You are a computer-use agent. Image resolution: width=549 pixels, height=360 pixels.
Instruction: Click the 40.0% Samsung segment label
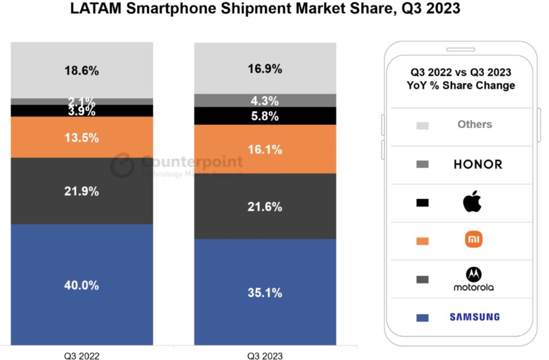tap(81, 286)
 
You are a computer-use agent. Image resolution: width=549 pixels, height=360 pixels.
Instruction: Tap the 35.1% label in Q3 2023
tap(265, 292)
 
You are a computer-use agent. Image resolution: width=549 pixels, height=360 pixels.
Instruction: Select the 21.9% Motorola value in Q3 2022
tap(81, 191)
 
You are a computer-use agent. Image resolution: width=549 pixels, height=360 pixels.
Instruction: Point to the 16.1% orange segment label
tap(265, 149)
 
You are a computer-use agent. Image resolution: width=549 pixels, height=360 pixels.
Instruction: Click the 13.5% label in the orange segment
tap(81, 138)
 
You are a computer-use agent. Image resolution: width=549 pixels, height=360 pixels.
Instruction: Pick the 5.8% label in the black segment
tap(265, 116)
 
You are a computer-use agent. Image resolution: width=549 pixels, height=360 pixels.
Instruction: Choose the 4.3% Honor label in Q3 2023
tap(265, 101)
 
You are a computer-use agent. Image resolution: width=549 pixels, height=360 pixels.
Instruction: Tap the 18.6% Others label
tap(81, 71)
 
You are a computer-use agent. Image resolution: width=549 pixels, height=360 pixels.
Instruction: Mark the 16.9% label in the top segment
tap(265, 69)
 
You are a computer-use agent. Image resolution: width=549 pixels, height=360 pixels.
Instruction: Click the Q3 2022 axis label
tap(81, 355)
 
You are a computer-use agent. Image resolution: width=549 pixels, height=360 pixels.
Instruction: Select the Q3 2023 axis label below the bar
tap(265, 355)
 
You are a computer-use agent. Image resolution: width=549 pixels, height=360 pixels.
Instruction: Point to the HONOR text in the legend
tap(478, 164)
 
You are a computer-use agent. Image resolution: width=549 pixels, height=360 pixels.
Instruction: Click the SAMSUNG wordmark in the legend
tap(474, 317)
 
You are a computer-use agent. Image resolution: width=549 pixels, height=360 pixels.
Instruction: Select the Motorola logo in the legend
tap(473, 279)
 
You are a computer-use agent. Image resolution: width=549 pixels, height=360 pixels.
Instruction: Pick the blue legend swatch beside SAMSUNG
tap(422, 318)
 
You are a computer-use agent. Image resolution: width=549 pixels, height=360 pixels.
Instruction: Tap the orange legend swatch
tap(422, 241)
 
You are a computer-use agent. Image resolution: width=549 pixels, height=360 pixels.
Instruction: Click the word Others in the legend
tap(474, 124)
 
